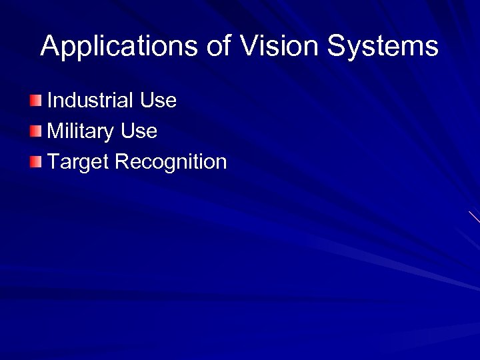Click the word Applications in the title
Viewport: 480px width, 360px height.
pyautogui.click(x=119, y=47)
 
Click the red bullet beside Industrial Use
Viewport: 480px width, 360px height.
pyautogui.click(x=35, y=101)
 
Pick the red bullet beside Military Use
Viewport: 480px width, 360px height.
pyautogui.click(x=35, y=131)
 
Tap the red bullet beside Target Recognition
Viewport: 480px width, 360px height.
pyautogui.click(x=35, y=161)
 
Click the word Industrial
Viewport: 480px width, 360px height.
pyautogui.click(x=91, y=101)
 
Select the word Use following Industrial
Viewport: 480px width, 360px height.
pyautogui.click(x=158, y=101)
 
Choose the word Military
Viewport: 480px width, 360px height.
pyautogui.click(x=81, y=131)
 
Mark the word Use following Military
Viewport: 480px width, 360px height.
pyautogui.click(x=139, y=131)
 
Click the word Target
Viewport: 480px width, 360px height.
pyautogui.click(x=78, y=162)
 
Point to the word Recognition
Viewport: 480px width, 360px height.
pyautogui.click(x=171, y=162)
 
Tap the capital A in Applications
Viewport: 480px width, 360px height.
pyautogui.click(x=50, y=47)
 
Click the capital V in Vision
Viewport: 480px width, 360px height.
pyautogui.click(x=248, y=47)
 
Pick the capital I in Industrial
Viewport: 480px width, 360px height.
pyautogui.click(x=50, y=101)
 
